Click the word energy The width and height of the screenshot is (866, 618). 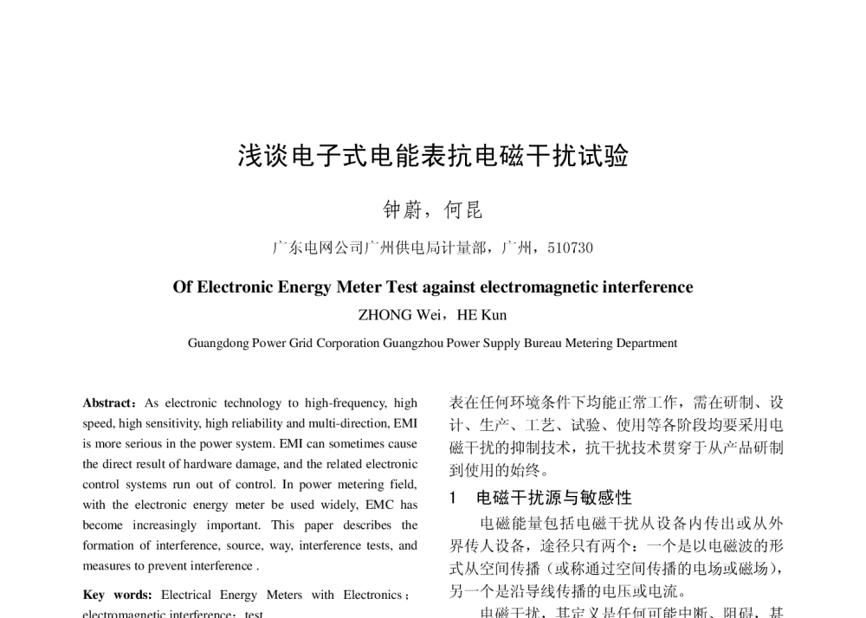pyautogui.click(x=210, y=505)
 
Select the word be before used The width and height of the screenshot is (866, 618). pyautogui.click(x=277, y=505)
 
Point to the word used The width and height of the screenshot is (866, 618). pyautogui.click(x=302, y=505)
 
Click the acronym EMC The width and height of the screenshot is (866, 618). pyautogui.click(x=379, y=505)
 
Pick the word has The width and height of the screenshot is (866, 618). pyautogui.click(x=409, y=505)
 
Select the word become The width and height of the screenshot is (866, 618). pyautogui.click(x=102, y=525)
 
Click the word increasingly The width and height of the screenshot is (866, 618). pyautogui.click(x=165, y=526)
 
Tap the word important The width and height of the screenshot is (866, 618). pyautogui.click(x=231, y=526)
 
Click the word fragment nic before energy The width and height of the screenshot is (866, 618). pyautogui.click(x=178, y=505)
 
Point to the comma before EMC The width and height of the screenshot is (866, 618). pyautogui.click(x=357, y=508)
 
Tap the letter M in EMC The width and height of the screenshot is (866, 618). pyautogui.click(x=378, y=505)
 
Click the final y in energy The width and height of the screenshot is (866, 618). pyautogui.click(x=224, y=507)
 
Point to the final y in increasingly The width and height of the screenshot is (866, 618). pyautogui.click(x=192, y=528)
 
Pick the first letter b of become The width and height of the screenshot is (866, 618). pyautogui.click(x=85, y=525)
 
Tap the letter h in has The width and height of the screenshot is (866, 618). pyautogui.click(x=403, y=505)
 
